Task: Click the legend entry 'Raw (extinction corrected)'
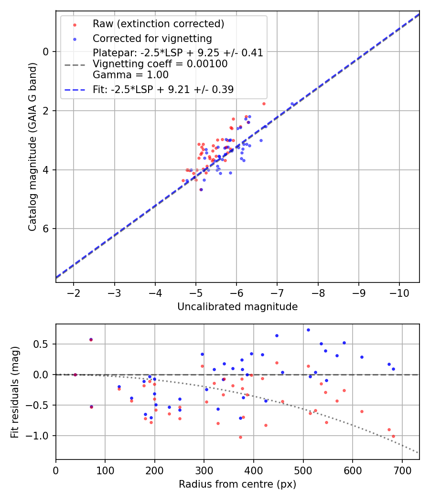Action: click(x=158, y=24)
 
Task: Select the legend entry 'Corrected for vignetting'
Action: click(x=152, y=38)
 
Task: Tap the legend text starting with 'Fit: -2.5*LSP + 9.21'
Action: click(x=163, y=90)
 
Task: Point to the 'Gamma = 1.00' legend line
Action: click(x=130, y=74)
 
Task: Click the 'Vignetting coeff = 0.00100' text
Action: click(x=160, y=63)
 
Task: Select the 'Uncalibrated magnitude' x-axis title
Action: click(x=237, y=307)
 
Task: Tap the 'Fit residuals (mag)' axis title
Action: click(x=14, y=392)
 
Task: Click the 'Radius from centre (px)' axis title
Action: click(x=237, y=484)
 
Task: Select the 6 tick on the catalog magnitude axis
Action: click(x=47, y=229)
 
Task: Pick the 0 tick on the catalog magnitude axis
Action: click(x=47, y=52)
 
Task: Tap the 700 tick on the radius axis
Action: click(x=402, y=470)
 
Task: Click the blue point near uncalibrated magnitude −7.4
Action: click(x=292, y=104)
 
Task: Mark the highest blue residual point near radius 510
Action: click(x=308, y=330)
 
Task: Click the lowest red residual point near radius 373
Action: click(x=240, y=437)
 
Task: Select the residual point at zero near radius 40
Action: click(x=75, y=375)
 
